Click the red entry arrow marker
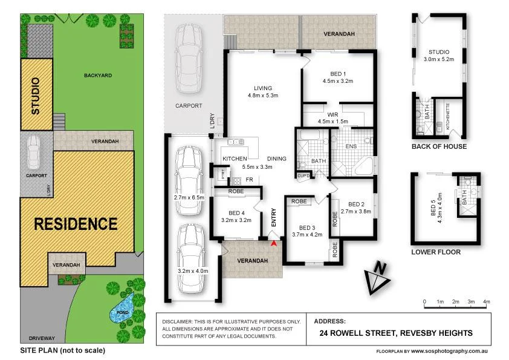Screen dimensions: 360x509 click(274, 243)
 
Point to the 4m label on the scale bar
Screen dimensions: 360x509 click(487, 301)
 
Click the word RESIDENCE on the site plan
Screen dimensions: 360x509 click(76, 224)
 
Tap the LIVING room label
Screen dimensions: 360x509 click(263, 88)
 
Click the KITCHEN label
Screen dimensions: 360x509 click(235, 159)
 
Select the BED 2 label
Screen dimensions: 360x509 click(356, 205)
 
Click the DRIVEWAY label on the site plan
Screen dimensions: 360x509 click(42, 338)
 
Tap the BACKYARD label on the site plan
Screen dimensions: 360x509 click(98, 75)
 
